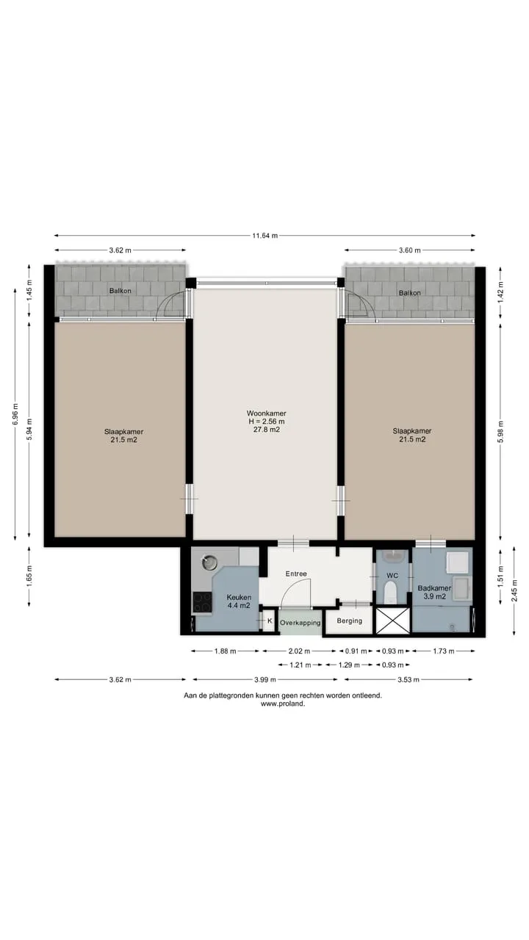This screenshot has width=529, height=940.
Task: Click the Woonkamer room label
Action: pyautogui.click(x=266, y=413)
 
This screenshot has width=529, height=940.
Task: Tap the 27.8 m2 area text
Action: pyautogui.click(x=266, y=430)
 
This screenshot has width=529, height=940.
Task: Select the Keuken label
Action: pyautogui.click(x=239, y=597)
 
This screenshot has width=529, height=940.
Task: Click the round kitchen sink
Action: pyautogui.click(x=209, y=562)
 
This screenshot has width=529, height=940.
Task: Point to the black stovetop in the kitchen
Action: pyautogui.click(x=202, y=603)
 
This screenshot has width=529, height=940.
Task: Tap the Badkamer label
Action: pyautogui.click(x=434, y=588)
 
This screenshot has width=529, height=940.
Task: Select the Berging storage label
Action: pyautogui.click(x=349, y=621)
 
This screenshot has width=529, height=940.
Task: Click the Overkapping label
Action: pyautogui.click(x=301, y=623)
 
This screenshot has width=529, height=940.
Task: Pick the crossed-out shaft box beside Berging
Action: pyautogui.click(x=392, y=621)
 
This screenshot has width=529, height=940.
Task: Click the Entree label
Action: pyautogui.click(x=296, y=574)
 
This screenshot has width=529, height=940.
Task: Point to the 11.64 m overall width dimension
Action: pyautogui.click(x=265, y=236)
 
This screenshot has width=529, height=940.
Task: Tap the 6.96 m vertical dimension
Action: pyautogui.click(x=15, y=413)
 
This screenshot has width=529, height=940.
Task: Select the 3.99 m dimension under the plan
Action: pyautogui.click(x=265, y=679)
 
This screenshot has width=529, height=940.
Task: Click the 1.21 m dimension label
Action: pyautogui.click(x=301, y=665)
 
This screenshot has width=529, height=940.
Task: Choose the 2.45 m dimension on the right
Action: pyautogui.click(x=514, y=590)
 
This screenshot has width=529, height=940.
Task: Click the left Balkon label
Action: pyautogui.click(x=120, y=291)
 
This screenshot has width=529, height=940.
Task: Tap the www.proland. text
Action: pyautogui.click(x=283, y=704)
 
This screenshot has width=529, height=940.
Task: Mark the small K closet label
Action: pyautogui.click(x=270, y=621)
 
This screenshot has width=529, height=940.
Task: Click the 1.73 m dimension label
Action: pyautogui.click(x=444, y=651)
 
